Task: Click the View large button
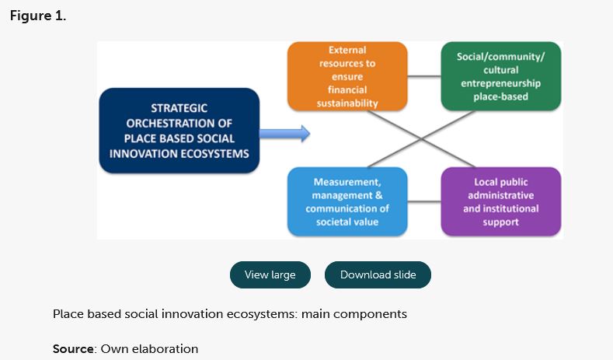click(x=270, y=274)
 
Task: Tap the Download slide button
click(x=378, y=274)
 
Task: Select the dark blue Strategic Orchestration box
click(x=179, y=130)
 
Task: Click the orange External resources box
click(x=347, y=76)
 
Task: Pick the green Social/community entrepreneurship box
click(x=501, y=76)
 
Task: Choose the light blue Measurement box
click(x=347, y=201)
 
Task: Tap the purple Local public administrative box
click(x=501, y=201)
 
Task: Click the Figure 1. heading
click(x=38, y=16)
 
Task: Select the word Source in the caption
click(x=73, y=349)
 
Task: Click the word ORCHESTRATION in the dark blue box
click(x=179, y=123)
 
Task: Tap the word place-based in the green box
click(x=501, y=96)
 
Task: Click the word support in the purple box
click(x=501, y=222)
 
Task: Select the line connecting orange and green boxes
click(x=424, y=76)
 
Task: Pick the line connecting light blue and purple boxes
click(x=424, y=202)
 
